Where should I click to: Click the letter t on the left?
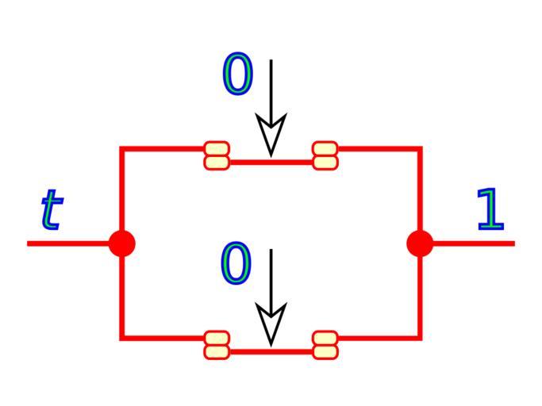coord(51,210)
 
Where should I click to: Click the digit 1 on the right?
coord(490,210)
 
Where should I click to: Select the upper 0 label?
coord(237,75)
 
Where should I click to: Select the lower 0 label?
coord(236,264)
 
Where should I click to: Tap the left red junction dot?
coord(121,243)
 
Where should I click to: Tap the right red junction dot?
coord(420,243)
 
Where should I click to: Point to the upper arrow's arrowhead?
coord(271,135)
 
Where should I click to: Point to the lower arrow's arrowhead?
coord(271,325)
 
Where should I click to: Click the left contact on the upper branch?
coord(217,155)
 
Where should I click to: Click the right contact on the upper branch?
coord(325,155)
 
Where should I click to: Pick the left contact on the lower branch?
coord(217,345)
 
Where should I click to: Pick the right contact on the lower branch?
coord(325,345)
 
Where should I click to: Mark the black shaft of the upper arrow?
coord(271,87)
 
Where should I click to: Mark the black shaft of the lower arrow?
coord(271,278)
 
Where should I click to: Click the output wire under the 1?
coord(476,243)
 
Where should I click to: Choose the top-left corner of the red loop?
coord(121,148)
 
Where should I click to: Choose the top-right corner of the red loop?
coord(420,148)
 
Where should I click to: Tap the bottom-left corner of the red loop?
coord(121,339)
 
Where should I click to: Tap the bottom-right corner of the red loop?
coord(420,339)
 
